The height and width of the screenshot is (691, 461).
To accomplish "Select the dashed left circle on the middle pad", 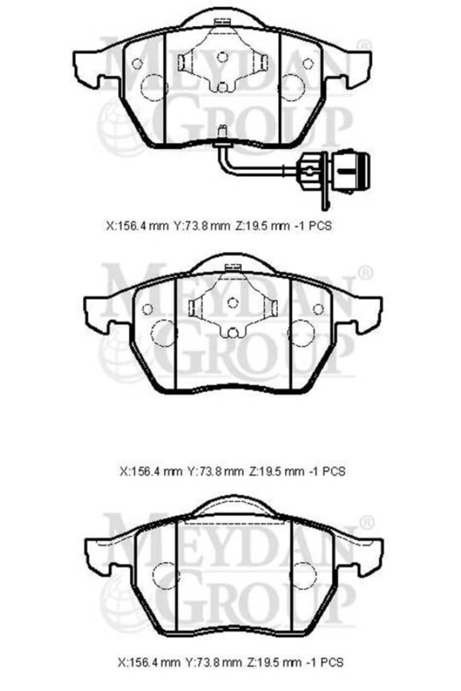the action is pos(164,333).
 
